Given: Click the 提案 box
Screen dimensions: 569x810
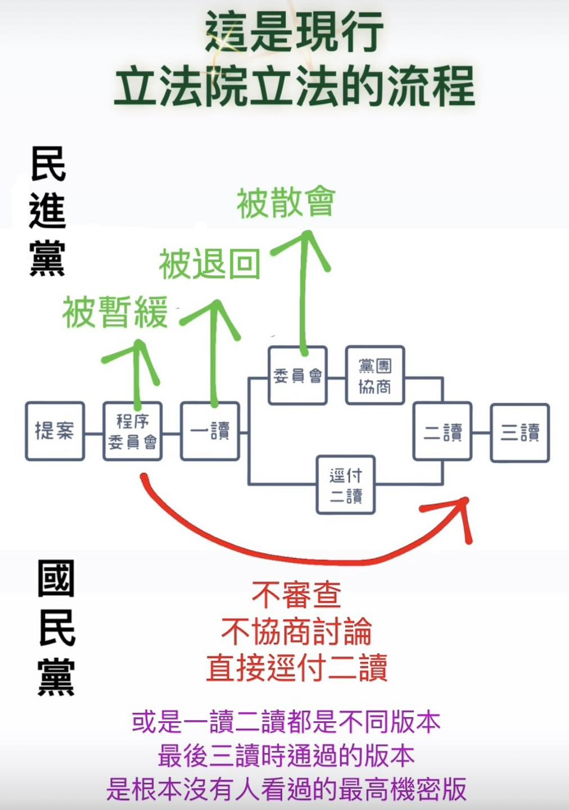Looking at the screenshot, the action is pyautogui.click(x=55, y=431).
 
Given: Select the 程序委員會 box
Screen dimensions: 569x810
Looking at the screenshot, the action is pyautogui.click(x=133, y=431).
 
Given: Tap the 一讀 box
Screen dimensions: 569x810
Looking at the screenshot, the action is pyautogui.click(x=210, y=431).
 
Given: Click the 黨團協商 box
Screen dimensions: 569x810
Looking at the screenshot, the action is pyautogui.click(x=375, y=375).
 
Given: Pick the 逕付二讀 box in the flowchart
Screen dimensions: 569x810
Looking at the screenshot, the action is pyautogui.click(x=346, y=484).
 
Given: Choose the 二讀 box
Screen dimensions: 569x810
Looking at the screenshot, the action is pyautogui.click(x=442, y=431).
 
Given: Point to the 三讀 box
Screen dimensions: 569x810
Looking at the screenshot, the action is pyautogui.click(x=520, y=433).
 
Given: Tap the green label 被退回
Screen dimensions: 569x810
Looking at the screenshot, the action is pyautogui.click(x=210, y=264).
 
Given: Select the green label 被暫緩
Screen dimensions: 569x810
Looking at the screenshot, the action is pyautogui.click(x=115, y=312).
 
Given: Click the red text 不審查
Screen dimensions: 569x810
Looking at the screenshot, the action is pyautogui.click(x=296, y=595).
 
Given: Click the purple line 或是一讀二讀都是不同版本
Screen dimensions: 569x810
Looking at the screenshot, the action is pyautogui.click(x=286, y=722).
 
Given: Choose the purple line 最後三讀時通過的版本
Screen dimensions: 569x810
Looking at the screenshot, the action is pyautogui.click(x=286, y=756).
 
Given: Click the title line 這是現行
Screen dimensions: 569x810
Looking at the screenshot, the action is pyautogui.click(x=294, y=32).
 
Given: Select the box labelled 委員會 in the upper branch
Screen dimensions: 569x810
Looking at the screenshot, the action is pyautogui.click(x=298, y=375).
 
